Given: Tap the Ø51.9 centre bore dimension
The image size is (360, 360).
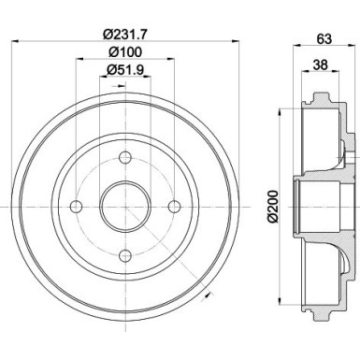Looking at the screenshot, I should click(x=124, y=72).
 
